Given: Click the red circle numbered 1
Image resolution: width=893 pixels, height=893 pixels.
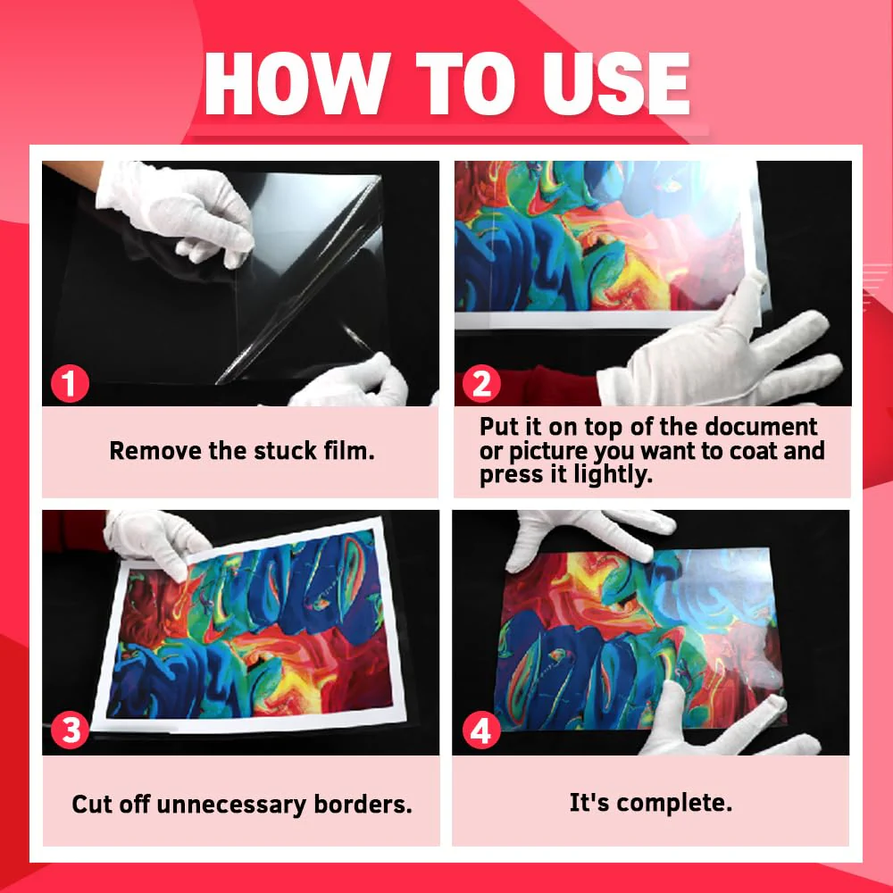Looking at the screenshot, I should (70, 384).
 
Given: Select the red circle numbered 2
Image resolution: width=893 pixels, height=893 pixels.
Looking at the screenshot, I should (480, 384).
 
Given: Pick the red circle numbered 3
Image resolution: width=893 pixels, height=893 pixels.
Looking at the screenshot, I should (70, 730).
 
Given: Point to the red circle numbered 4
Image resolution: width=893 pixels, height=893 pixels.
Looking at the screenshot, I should (480, 732).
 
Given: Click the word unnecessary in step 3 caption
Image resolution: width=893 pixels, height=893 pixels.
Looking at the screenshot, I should (231, 804).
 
